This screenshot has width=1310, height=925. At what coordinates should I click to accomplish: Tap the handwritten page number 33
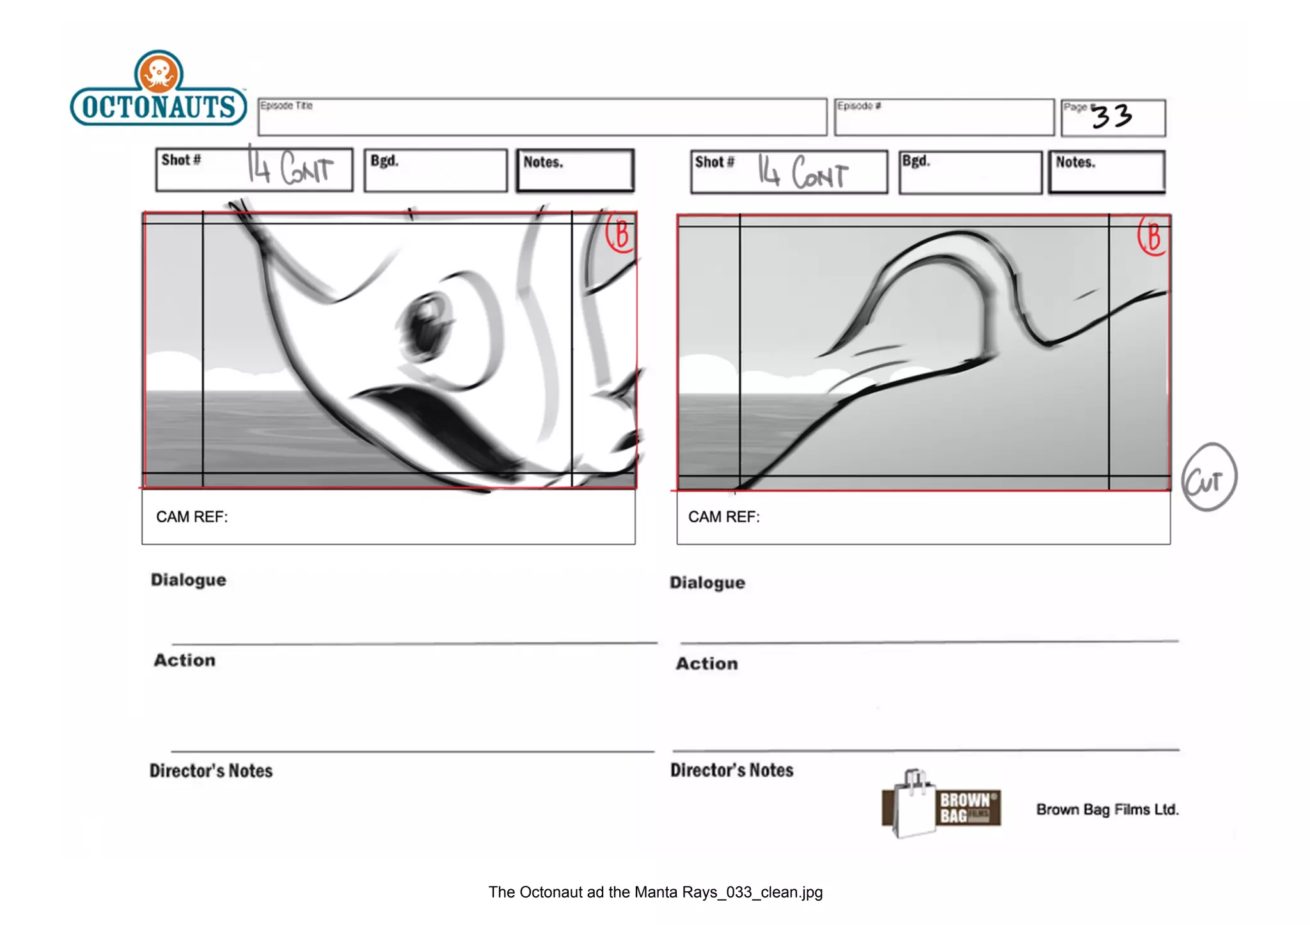pos(1112,116)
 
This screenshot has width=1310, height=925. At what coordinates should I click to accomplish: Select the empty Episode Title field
pos(542,118)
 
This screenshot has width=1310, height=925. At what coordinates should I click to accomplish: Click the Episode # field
pos(944,118)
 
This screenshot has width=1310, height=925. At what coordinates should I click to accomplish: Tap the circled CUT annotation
pos(1208,478)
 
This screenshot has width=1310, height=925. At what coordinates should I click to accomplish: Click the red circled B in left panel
pos(620,234)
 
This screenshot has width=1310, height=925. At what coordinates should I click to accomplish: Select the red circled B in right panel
pos(1153,237)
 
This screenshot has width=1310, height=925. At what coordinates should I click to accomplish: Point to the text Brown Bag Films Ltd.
pos(1107,810)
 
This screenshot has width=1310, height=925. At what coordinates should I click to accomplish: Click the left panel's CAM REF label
pos(192,517)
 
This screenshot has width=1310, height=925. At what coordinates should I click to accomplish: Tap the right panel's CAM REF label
pos(724,517)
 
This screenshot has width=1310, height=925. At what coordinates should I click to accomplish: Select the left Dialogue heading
pos(189,580)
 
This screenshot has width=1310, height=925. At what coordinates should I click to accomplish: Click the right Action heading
pos(707,664)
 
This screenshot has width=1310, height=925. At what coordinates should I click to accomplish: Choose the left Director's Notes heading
pos(211,771)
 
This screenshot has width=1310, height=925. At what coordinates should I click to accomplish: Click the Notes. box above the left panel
pos(575,171)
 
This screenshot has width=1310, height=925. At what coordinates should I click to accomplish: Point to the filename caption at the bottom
pos(655,892)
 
